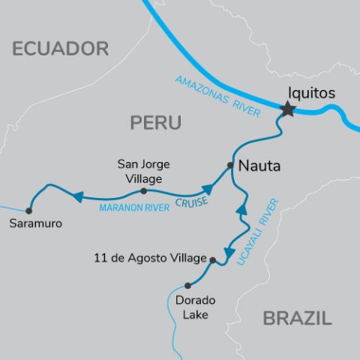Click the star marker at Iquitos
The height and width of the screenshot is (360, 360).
286,110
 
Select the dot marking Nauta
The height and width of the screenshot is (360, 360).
231,166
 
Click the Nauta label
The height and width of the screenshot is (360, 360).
259,166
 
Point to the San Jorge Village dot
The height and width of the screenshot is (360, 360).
144,190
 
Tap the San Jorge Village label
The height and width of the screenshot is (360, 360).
145,169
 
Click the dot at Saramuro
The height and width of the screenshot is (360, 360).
29,211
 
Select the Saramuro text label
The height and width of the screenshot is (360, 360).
36,224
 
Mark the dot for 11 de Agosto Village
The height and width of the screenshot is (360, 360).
213,260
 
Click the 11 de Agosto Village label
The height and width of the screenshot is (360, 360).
150,259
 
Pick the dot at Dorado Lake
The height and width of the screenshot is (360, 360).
187,285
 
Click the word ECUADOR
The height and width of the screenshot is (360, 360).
61,49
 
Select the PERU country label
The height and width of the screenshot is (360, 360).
156,123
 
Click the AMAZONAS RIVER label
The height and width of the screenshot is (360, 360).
217,96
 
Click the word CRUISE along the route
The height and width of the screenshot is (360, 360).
191,199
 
